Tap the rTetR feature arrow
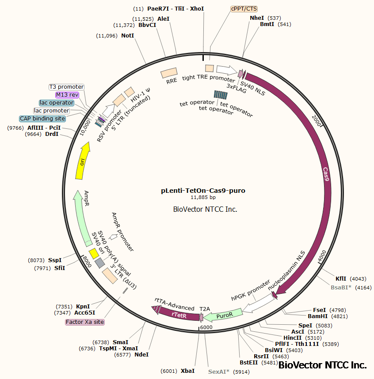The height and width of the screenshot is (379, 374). tap(179, 315)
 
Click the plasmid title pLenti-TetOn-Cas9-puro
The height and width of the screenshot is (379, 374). tap(203, 191)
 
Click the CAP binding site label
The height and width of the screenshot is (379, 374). tap(42, 119)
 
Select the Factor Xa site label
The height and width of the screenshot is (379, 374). tap(85, 322)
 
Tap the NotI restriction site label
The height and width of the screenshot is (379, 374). tap(127, 36)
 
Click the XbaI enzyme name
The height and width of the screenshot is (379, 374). tap(187, 371)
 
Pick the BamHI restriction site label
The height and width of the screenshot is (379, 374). tap(317, 316)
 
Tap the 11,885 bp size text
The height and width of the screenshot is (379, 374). tap(203, 198)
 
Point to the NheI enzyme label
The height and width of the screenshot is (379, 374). tap(256, 18)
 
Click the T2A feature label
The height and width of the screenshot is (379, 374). tap(205, 309)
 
